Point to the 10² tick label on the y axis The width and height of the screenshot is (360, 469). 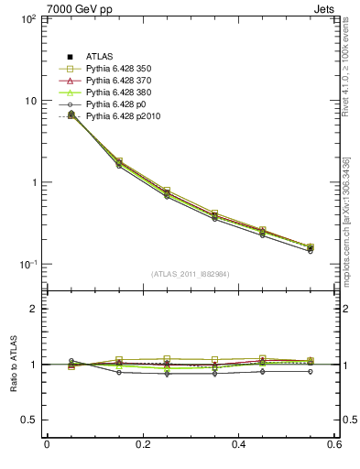pyautogui.click(x=27, y=19)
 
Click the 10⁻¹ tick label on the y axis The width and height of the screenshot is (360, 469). pyautogui.click(x=27, y=265)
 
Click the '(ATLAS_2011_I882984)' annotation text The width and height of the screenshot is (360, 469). pyautogui.click(x=190, y=274)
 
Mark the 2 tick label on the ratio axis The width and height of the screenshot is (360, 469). pyautogui.click(x=32, y=309)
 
